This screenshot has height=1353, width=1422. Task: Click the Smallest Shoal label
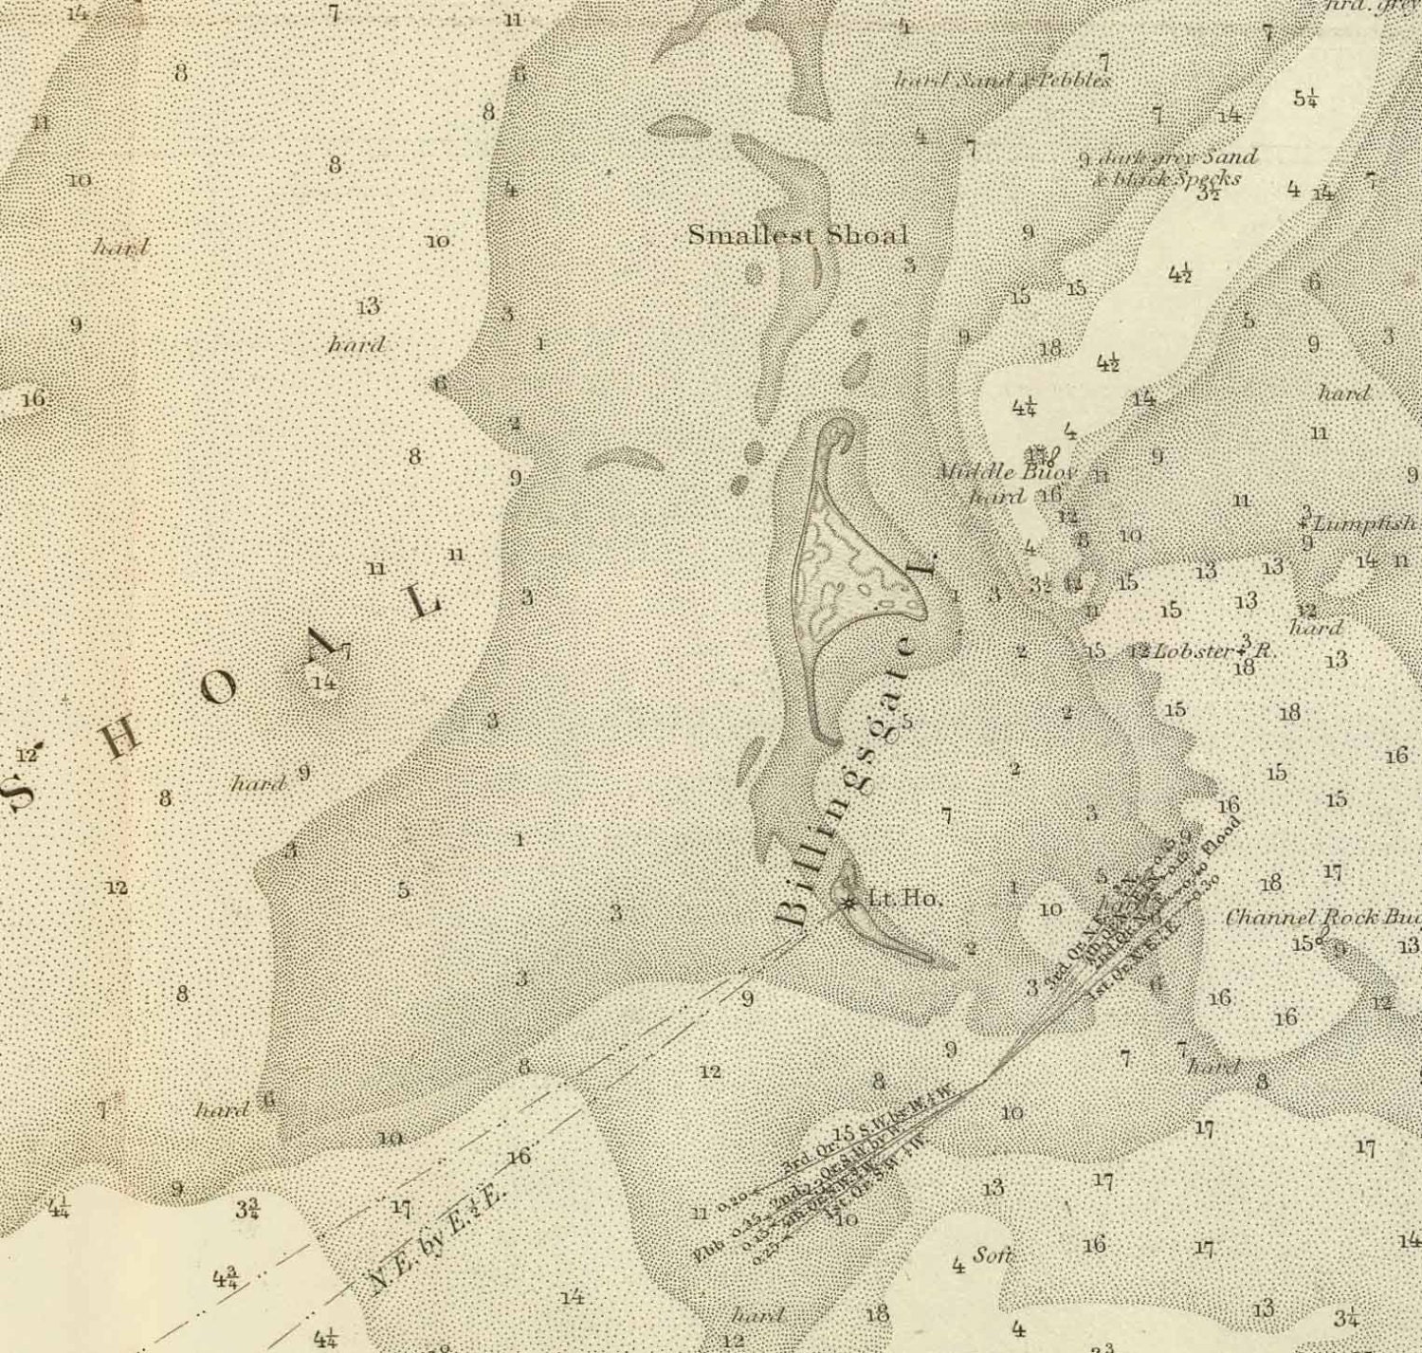[x=797, y=235]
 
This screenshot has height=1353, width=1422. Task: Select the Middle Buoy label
[x=1007, y=471]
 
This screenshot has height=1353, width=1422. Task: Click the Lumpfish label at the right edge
[x=1365, y=523]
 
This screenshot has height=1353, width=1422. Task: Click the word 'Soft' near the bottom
[x=992, y=1256]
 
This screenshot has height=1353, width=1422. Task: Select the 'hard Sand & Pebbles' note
[x=1003, y=81]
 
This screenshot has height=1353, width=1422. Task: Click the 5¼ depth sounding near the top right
[x=1305, y=98]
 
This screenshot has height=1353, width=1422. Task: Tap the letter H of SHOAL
[x=121, y=740]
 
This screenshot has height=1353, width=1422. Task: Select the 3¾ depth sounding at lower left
[x=248, y=1209]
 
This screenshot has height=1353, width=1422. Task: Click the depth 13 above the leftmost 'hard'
[x=368, y=306]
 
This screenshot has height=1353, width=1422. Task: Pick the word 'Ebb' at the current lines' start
[x=706, y=1253]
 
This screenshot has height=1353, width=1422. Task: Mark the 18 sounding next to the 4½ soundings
[x=1050, y=349]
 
